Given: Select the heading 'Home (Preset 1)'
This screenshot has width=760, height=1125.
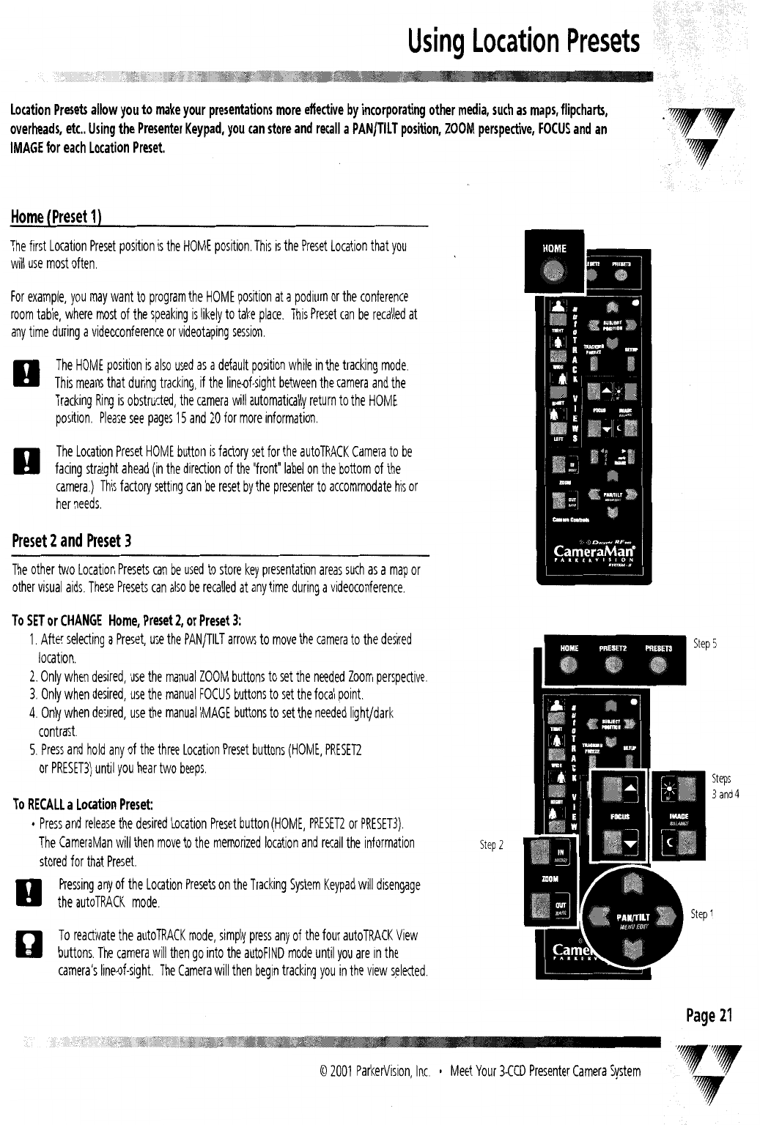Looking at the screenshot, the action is coord(55,218).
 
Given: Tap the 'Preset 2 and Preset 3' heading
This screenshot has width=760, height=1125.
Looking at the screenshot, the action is coord(70,541).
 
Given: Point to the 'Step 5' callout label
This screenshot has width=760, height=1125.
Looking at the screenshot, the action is coord(704,644).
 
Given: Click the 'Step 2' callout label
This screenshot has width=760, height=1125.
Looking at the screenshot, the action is coord(491,845).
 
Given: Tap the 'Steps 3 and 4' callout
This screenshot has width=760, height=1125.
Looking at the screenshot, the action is coord(725,786).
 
